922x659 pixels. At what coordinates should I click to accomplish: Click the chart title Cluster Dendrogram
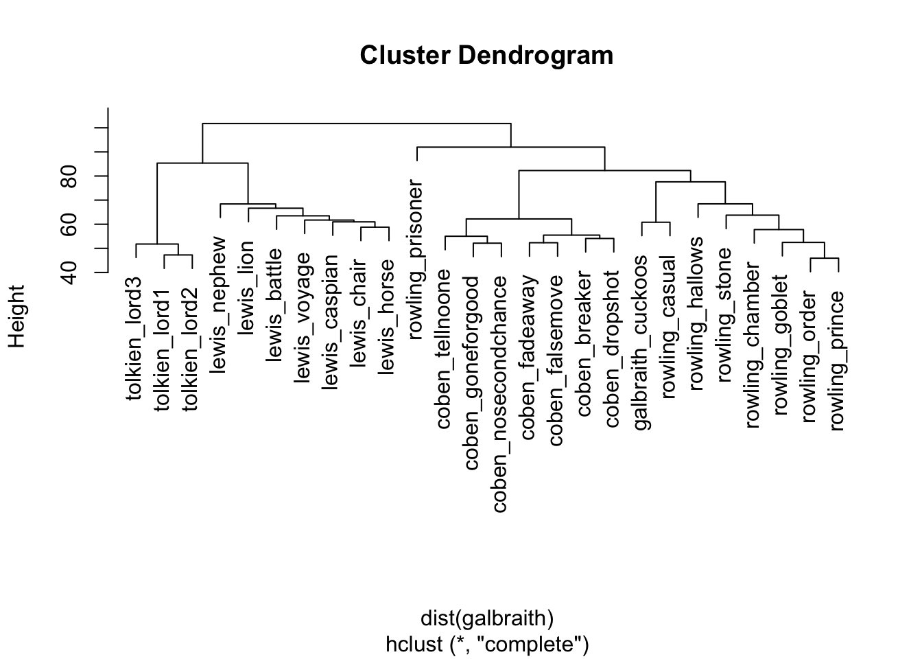(486, 55)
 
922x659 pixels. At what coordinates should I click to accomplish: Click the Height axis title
(16, 316)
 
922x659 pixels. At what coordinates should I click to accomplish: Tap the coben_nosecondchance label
(500, 394)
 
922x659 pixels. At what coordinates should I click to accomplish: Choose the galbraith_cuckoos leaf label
(641, 343)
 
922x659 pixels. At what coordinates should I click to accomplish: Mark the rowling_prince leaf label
(838, 360)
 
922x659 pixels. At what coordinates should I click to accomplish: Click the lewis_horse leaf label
(388, 316)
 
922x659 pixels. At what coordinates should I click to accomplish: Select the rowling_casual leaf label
(670, 327)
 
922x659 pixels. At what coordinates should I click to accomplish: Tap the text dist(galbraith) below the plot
(486, 618)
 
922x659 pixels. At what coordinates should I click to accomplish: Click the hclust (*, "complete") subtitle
(486, 645)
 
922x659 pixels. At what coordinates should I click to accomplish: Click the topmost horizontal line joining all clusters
(357, 124)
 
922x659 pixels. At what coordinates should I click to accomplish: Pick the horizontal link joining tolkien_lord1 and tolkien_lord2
(178, 255)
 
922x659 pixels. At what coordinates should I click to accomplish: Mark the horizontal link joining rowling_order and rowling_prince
(824, 258)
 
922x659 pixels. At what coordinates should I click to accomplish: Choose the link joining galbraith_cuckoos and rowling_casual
(656, 222)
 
